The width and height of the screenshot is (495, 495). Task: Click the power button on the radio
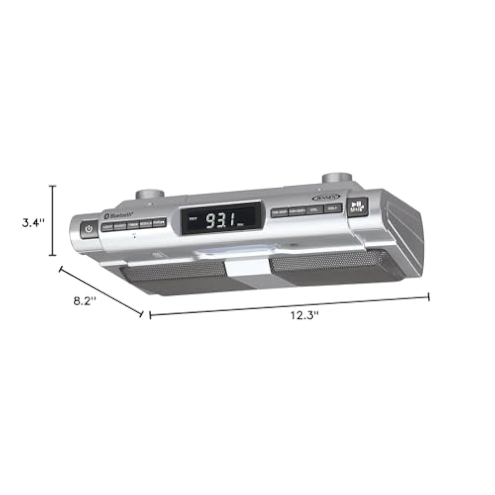pos(88,229)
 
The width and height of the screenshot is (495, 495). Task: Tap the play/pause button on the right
pos(357,207)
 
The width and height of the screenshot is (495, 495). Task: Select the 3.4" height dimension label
pos(33,223)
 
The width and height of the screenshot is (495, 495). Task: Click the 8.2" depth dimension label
pos(85,301)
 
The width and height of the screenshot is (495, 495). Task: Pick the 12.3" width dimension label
pos(304,315)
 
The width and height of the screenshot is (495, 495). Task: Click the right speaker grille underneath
pos(333,266)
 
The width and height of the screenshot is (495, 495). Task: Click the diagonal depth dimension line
pos(101,291)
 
